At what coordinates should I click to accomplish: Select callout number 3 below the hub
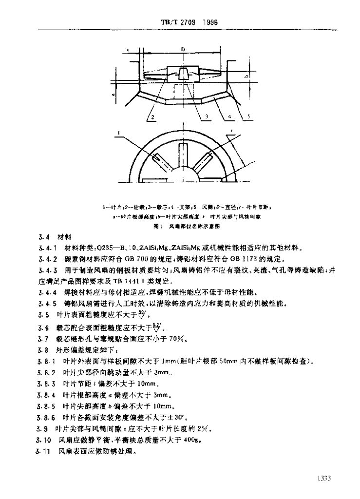[x=207, y=117]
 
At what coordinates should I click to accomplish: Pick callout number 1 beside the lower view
[x=118, y=132]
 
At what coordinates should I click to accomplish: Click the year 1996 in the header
[x=210, y=22]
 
